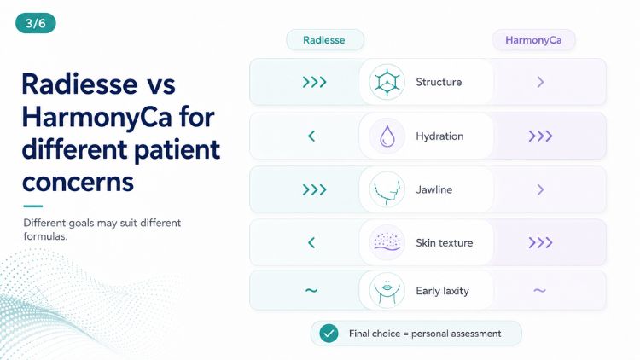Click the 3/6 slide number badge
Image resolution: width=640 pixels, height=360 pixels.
[x=36, y=23]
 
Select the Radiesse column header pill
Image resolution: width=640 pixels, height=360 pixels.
[x=325, y=40]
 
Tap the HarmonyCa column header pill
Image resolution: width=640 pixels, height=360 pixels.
[x=533, y=40]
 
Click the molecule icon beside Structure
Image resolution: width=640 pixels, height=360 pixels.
[x=387, y=82]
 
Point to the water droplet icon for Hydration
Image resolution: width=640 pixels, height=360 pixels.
[x=387, y=136]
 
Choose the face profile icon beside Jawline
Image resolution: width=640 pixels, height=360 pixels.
[x=387, y=189]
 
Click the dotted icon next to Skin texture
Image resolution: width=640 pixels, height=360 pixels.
[x=387, y=242]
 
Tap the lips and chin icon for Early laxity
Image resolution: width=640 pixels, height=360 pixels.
[x=387, y=291]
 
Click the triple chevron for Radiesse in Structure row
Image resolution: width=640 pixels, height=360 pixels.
[x=314, y=82]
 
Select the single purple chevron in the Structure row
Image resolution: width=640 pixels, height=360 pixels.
[x=540, y=82]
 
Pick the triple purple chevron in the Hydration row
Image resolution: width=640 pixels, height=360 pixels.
[x=540, y=136]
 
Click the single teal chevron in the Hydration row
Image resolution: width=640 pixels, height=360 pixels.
[x=311, y=136]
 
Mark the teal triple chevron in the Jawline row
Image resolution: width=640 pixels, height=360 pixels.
[x=314, y=189]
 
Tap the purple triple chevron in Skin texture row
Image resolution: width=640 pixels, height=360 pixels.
[x=540, y=242]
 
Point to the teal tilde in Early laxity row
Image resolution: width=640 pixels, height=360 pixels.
[x=311, y=291]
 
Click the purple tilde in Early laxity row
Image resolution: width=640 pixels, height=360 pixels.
[x=539, y=291]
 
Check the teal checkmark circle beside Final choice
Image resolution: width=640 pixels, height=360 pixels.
[x=329, y=334]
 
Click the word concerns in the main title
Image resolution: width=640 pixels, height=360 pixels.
[x=78, y=182]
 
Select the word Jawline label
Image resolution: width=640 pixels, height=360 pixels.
[x=433, y=189]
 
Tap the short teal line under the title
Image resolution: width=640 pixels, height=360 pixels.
[x=33, y=206]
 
